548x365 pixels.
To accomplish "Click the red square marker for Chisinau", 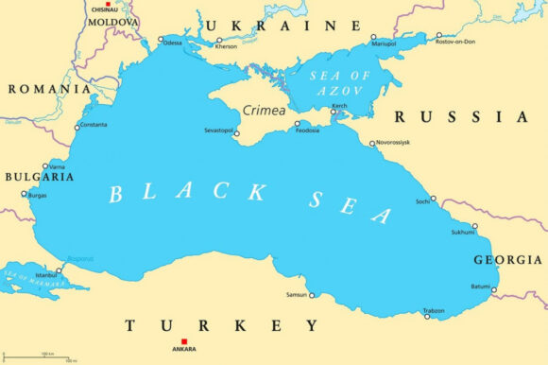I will [107, 5].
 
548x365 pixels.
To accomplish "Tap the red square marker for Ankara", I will [184, 340].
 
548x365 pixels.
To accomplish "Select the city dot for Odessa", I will [160, 42].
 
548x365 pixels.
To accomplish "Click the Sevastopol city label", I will [219, 130].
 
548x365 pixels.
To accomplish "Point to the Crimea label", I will [264, 111].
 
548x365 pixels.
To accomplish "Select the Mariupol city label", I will [384, 43].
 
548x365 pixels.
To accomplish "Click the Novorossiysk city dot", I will [372, 143].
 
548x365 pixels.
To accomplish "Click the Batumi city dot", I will [493, 290].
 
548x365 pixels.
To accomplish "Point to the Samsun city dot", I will [312, 295].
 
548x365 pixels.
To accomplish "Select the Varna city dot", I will [44, 166].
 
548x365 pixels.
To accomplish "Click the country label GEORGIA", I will [507, 259].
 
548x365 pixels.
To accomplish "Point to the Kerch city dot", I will [333, 113].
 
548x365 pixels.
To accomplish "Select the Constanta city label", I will [94, 126].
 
